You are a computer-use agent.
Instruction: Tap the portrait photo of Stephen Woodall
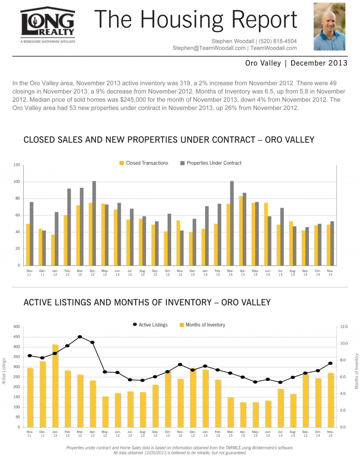click(x=329, y=27)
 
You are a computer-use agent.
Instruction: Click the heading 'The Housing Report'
click(x=196, y=20)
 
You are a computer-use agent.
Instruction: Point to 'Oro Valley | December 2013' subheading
click(x=296, y=63)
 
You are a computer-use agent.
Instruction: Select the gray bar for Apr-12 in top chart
click(x=94, y=223)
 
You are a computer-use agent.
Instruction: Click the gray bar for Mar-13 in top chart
click(x=232, y=223)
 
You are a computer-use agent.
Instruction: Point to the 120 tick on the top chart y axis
click(x=16, y=165)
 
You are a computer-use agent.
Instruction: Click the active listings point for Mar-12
click(x=80, y=337)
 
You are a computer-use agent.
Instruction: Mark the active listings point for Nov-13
click(x=330, y=363)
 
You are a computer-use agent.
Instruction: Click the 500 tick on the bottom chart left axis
click(x=16, y=327)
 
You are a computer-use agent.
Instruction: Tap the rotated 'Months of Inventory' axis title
click(x=357, y=371)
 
